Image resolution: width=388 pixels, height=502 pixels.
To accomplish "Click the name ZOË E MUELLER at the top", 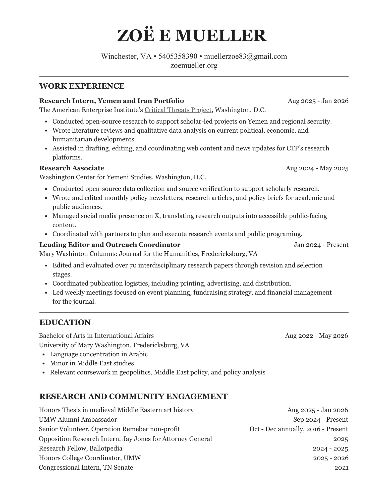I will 192,35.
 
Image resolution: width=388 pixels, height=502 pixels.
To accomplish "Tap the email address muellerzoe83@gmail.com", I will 245,56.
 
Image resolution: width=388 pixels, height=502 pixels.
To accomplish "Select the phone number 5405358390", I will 178,56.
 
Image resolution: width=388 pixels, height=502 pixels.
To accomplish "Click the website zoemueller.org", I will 194,66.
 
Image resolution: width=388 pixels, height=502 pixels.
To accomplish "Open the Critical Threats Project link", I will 178,110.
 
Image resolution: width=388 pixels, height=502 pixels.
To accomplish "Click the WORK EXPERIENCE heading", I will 82,86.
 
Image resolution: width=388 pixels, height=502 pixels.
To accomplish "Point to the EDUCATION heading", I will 65,322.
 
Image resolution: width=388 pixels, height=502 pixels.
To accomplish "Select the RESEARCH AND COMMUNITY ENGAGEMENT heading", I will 133,397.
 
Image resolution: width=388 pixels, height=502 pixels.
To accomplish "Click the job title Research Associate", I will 72,168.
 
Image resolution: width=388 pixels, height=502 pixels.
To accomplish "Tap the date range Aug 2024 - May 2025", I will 317,168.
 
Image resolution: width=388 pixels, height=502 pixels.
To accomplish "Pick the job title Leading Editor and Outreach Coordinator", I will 110,245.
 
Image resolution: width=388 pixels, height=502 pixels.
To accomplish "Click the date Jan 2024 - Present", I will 321,245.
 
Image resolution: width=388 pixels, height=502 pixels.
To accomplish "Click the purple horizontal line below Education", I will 194,384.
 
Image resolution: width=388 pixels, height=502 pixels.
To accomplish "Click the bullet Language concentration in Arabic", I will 99,354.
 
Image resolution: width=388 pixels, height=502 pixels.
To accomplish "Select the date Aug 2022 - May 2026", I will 316,336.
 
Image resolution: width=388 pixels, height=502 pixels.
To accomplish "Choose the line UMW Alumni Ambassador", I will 78,420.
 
